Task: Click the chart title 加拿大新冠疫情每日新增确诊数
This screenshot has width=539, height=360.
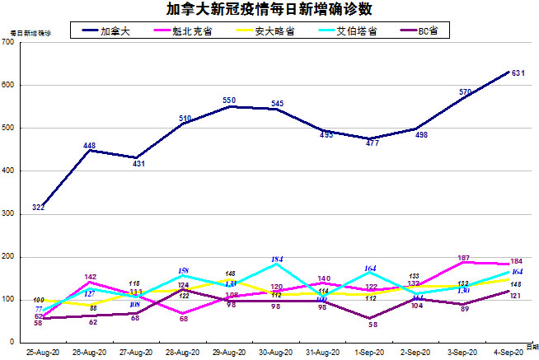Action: pos(269,10)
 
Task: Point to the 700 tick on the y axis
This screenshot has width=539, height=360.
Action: pos(8,42)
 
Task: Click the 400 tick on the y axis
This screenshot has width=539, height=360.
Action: pos(8,171)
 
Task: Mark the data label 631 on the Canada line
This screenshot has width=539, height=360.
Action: pos(519,74)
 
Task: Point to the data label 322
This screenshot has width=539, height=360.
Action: pos(38,207)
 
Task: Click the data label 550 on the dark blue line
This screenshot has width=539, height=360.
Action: pos(229,101)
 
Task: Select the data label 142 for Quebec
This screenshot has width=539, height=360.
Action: pos(91,278)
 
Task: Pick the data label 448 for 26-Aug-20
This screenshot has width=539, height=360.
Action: pos(90,146)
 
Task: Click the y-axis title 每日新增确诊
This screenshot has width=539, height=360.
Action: pos(29,34)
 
